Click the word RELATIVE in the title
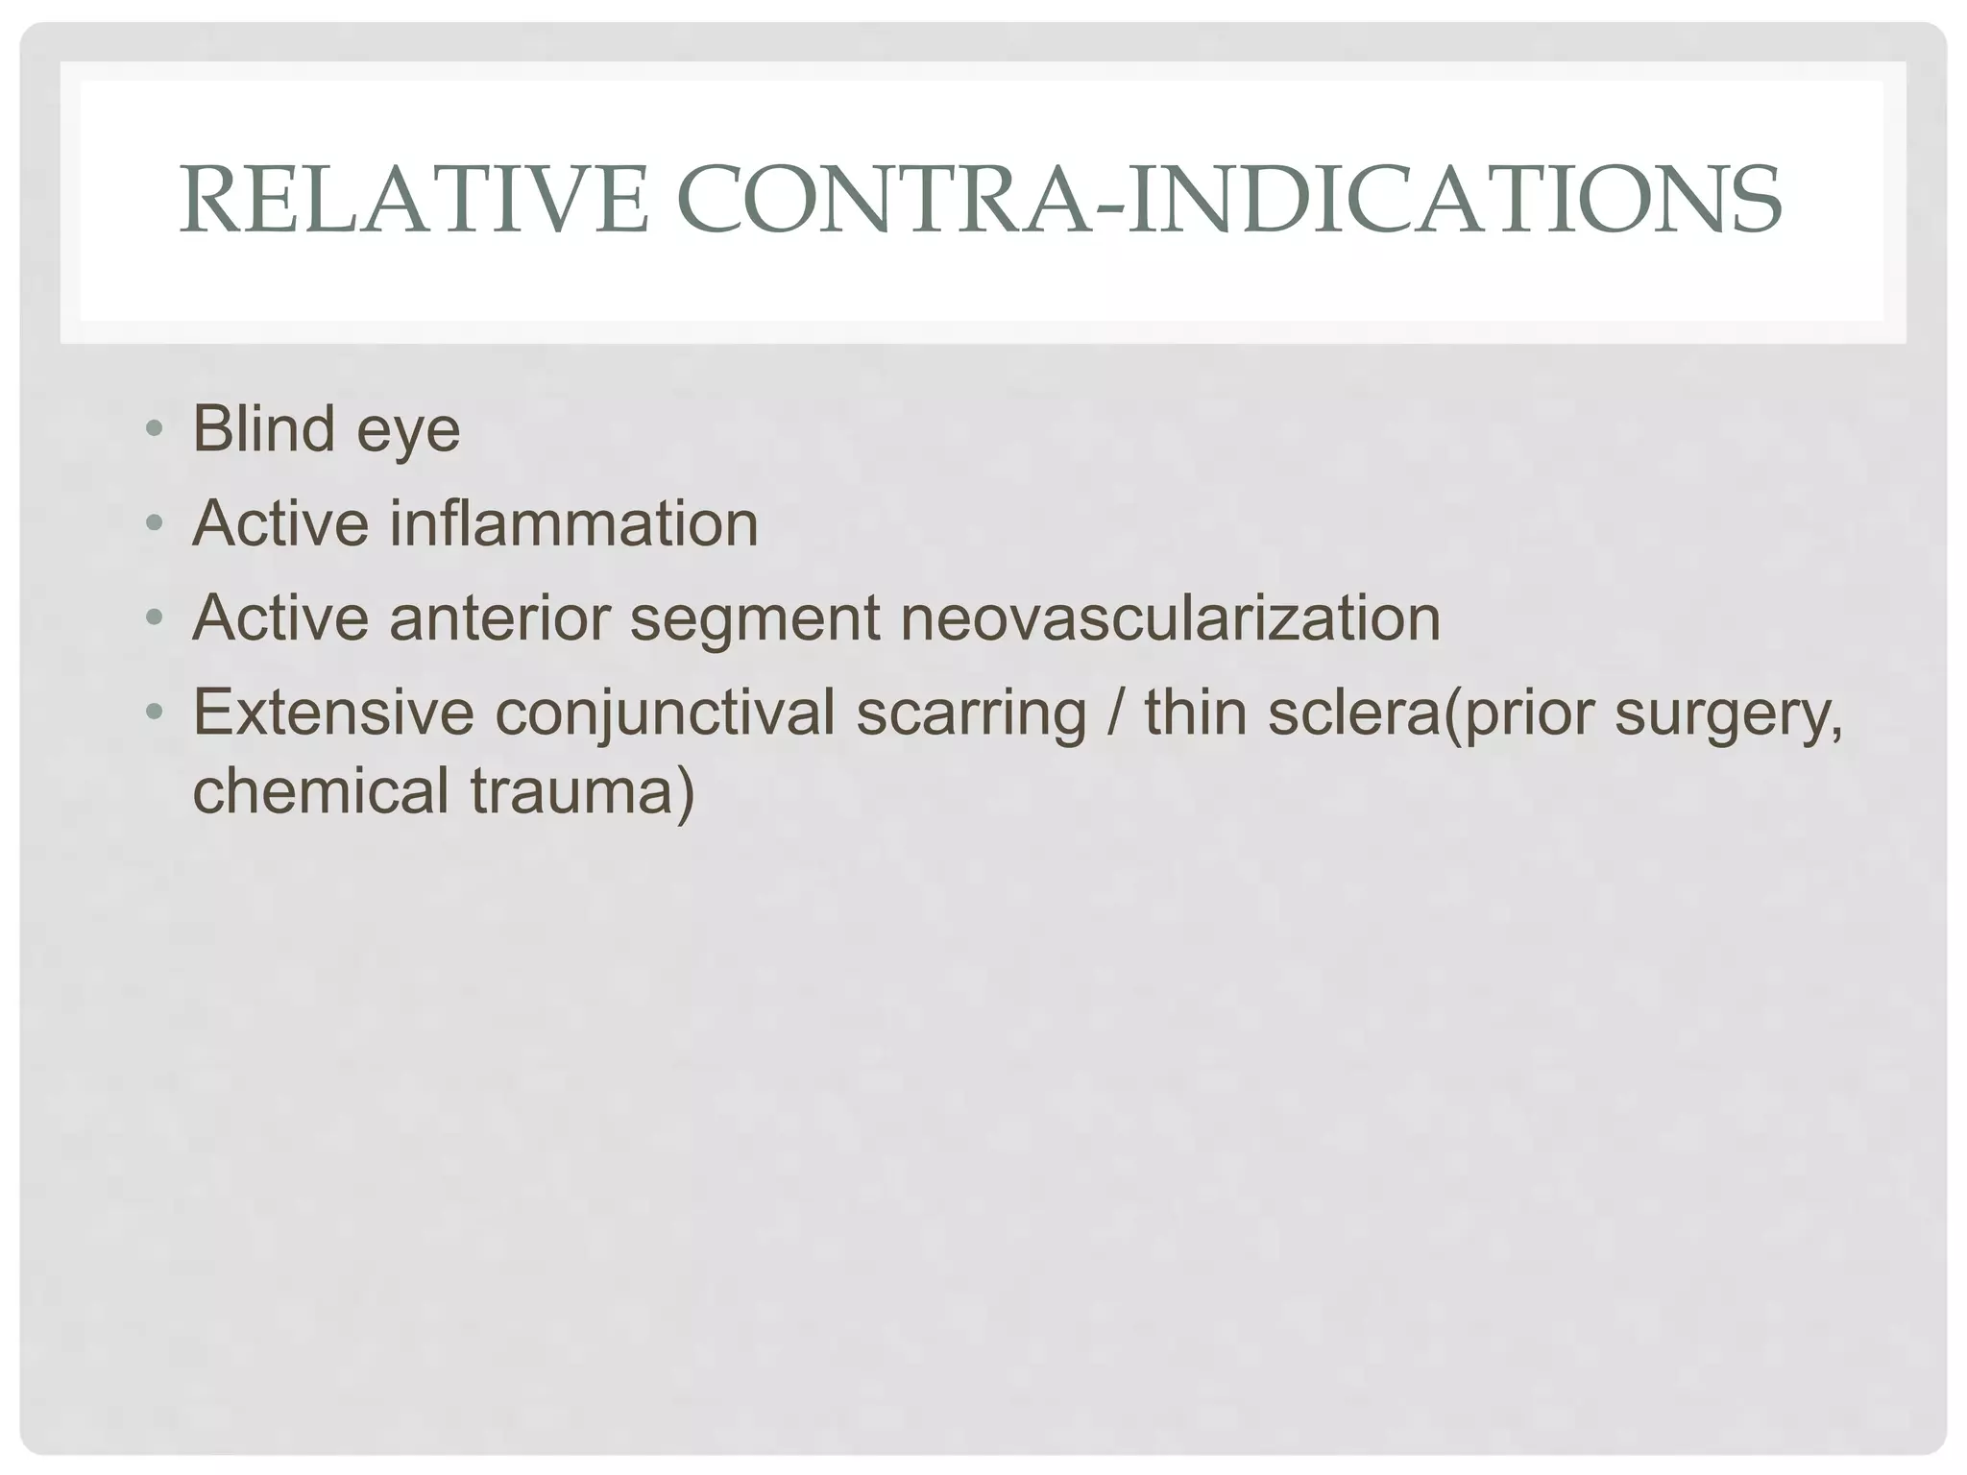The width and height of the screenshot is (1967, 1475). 414,201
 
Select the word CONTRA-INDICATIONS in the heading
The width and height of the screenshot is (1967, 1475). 1228,201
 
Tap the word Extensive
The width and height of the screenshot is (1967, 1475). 333,713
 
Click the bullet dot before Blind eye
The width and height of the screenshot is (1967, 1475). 154,429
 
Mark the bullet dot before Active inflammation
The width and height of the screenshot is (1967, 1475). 154,524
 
